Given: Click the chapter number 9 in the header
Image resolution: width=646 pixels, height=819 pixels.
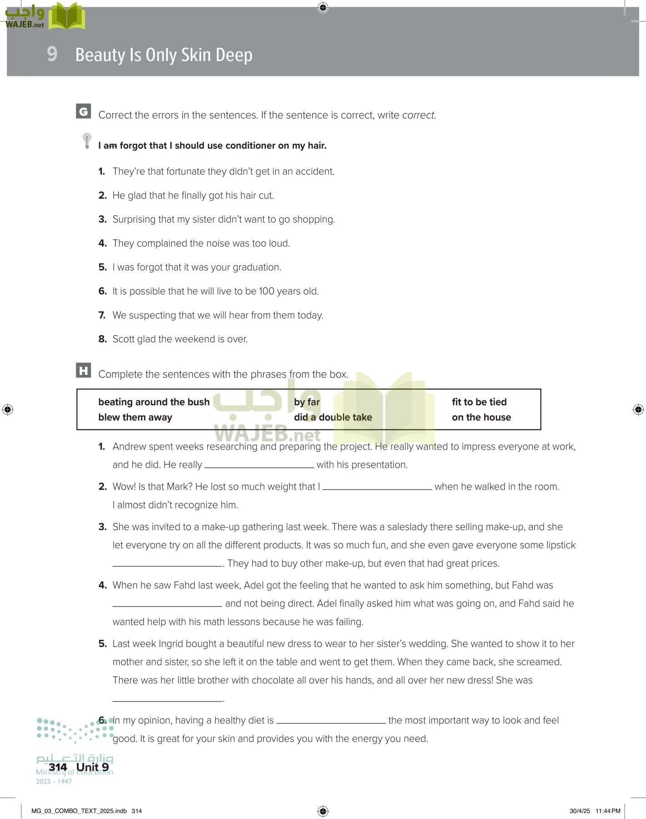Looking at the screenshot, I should (52, 54).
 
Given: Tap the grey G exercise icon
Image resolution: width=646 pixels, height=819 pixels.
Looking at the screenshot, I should (83, 111).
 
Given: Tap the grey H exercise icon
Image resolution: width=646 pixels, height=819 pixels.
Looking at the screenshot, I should (83, 370).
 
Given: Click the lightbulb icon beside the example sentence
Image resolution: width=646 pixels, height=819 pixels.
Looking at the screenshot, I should (87, 140).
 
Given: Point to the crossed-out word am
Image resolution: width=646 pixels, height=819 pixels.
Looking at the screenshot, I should (110, 146).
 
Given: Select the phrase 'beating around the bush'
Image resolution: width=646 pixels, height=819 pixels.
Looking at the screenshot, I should (154, 402).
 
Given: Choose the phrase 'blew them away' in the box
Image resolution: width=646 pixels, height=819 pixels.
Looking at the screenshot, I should (135, 417).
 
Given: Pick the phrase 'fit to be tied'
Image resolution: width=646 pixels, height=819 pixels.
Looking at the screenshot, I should (479, 402).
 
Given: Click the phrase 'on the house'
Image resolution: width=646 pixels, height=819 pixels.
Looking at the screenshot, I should (481, 417).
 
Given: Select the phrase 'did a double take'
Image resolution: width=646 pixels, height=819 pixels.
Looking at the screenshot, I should (333, 417).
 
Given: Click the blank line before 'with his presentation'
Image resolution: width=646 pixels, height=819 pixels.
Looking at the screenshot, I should (259, 465).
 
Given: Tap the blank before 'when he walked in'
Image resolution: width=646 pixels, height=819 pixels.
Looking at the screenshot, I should (377, 487).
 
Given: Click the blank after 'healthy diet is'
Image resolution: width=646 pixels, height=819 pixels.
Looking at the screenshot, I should (331, 721).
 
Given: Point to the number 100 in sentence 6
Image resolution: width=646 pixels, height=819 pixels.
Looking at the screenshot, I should (266, 291).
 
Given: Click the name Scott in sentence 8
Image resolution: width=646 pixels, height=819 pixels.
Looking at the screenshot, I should (124, 339).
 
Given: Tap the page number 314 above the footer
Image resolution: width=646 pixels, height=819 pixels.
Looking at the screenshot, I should (58, 767).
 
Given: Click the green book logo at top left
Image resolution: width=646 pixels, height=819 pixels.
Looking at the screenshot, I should (67, 16).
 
